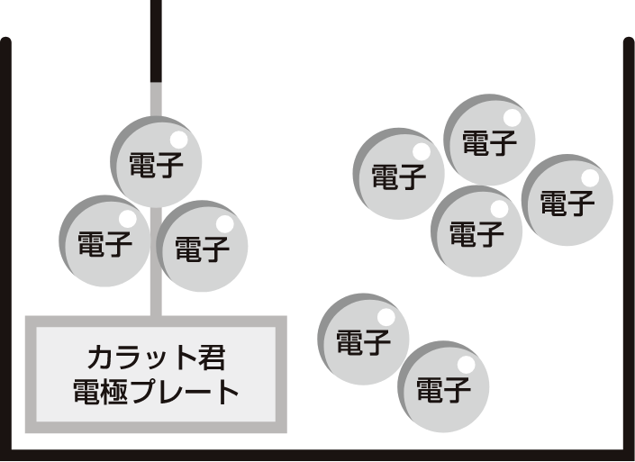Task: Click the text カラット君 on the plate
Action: point(155,358)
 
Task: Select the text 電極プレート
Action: point(155,393)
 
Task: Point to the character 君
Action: point(209,358)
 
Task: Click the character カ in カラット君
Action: point(100,358)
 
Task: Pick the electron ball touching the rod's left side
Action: point(104,241)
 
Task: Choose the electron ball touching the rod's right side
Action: point(202,246)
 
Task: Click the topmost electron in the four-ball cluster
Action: point(490,140)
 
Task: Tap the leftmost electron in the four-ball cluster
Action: point(399,174)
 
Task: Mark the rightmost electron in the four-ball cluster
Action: point(567,200)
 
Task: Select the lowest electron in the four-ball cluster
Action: point(477,232)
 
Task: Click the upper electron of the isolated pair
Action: point(364,340)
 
